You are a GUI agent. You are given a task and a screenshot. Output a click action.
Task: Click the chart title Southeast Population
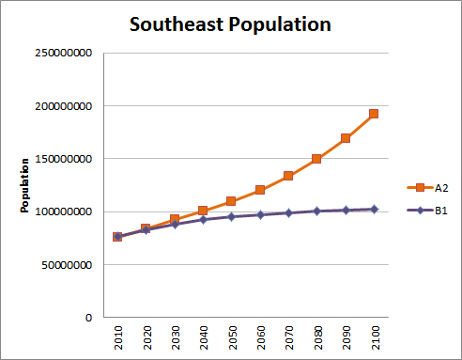click(230, 24)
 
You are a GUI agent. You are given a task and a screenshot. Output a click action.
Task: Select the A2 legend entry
click(428, 187)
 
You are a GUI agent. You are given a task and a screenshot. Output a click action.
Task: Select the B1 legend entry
click(428, 211)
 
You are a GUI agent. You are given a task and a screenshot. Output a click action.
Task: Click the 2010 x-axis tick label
click(118, 338)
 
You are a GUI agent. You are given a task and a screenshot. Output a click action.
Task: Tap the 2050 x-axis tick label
click(232, 338)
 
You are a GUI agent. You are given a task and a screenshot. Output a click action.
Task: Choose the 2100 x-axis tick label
click(375, 338)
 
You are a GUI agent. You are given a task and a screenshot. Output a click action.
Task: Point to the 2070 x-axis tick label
click(289, 338)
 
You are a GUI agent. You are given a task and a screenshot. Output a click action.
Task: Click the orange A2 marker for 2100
click(374, 114)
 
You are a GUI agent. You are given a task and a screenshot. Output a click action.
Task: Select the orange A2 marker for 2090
click(346, 138)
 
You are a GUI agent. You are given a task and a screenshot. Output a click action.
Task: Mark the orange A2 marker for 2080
click(317, 159)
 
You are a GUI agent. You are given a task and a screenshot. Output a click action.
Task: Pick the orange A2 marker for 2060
click(260, 190)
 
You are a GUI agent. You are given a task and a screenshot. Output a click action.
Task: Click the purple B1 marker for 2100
click(374, 209)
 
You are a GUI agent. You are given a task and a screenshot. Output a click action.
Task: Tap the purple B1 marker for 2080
click(317, 211)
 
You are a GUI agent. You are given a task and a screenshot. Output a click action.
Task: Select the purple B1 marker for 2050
click(232, 217)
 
